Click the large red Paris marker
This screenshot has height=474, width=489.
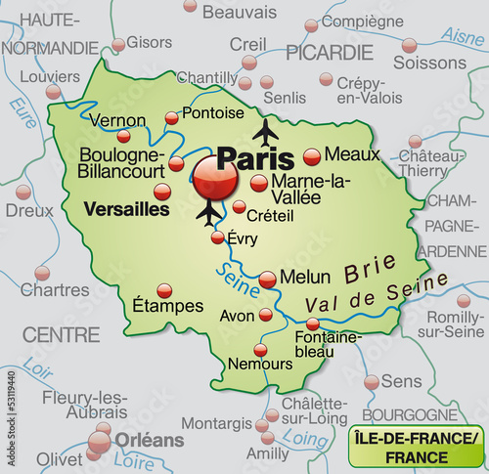click(214, 178)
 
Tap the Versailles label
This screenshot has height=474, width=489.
click(127, 209)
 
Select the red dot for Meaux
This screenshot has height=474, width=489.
click(312, 156)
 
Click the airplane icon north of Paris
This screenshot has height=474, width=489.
click(265, 130)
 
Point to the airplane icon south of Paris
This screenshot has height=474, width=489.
click(208, 212)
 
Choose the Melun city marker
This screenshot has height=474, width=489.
click(268, 280)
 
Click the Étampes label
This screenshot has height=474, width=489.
click(167, 305)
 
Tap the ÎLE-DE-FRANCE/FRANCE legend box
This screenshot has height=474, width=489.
click(418, 447)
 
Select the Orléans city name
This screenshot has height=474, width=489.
click(149, 440)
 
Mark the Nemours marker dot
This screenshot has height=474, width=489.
click(260, 349)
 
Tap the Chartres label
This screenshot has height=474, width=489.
click(55, 289)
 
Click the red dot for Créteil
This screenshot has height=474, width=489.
click(240, 206)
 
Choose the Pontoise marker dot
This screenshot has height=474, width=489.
click(172, 117)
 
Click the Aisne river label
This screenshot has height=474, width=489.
click(463, 37)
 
